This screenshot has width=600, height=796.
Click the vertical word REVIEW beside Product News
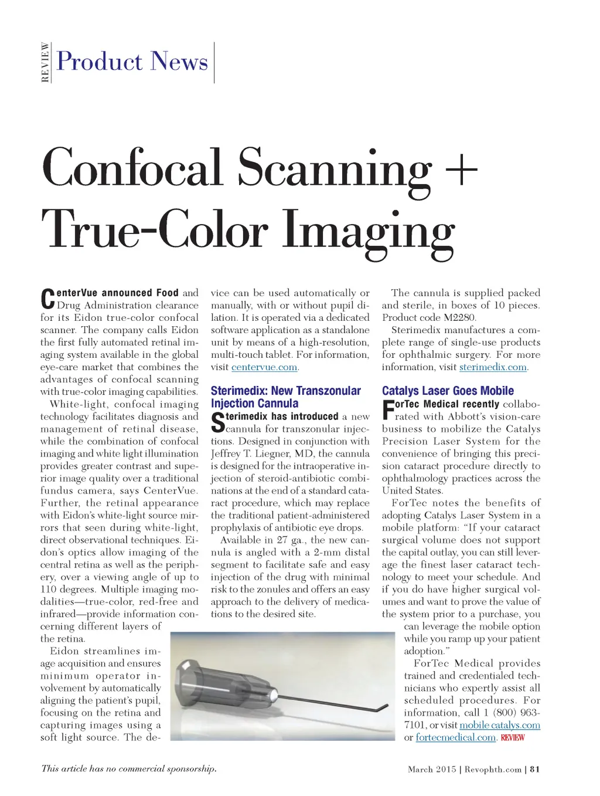click(45, 62)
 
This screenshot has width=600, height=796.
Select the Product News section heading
click(132, 62)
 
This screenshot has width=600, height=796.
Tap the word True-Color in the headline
click(155, 231)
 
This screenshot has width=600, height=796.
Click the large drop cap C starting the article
click(47, 299)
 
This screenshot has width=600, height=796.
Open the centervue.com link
click(264, 367)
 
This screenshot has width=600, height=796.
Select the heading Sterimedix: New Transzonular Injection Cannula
click(285, 397)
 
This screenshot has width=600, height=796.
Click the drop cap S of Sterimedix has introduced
click(217, 422)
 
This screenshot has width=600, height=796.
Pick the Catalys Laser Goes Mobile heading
click(448, 391)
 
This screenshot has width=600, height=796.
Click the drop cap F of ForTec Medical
click(388, 410)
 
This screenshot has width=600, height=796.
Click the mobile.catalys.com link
click(500, 726)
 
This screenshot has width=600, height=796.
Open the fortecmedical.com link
click(456, 738)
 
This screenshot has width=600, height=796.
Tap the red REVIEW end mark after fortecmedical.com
click(513, 738)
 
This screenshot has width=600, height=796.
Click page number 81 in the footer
click(534, 770)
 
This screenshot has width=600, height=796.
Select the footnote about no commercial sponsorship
click(129, 769)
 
